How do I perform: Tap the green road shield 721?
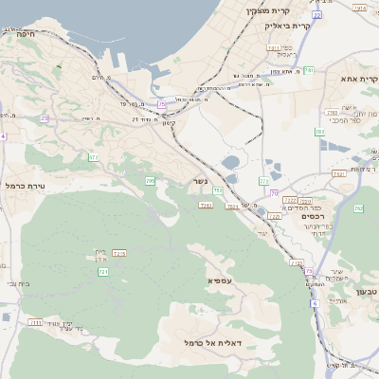103,273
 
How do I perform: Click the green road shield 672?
93,156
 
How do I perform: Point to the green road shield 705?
150,180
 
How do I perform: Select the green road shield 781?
309,70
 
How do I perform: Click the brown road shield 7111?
35,323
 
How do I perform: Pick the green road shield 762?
358,208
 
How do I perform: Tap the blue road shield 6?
311,306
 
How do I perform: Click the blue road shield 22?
317,15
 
